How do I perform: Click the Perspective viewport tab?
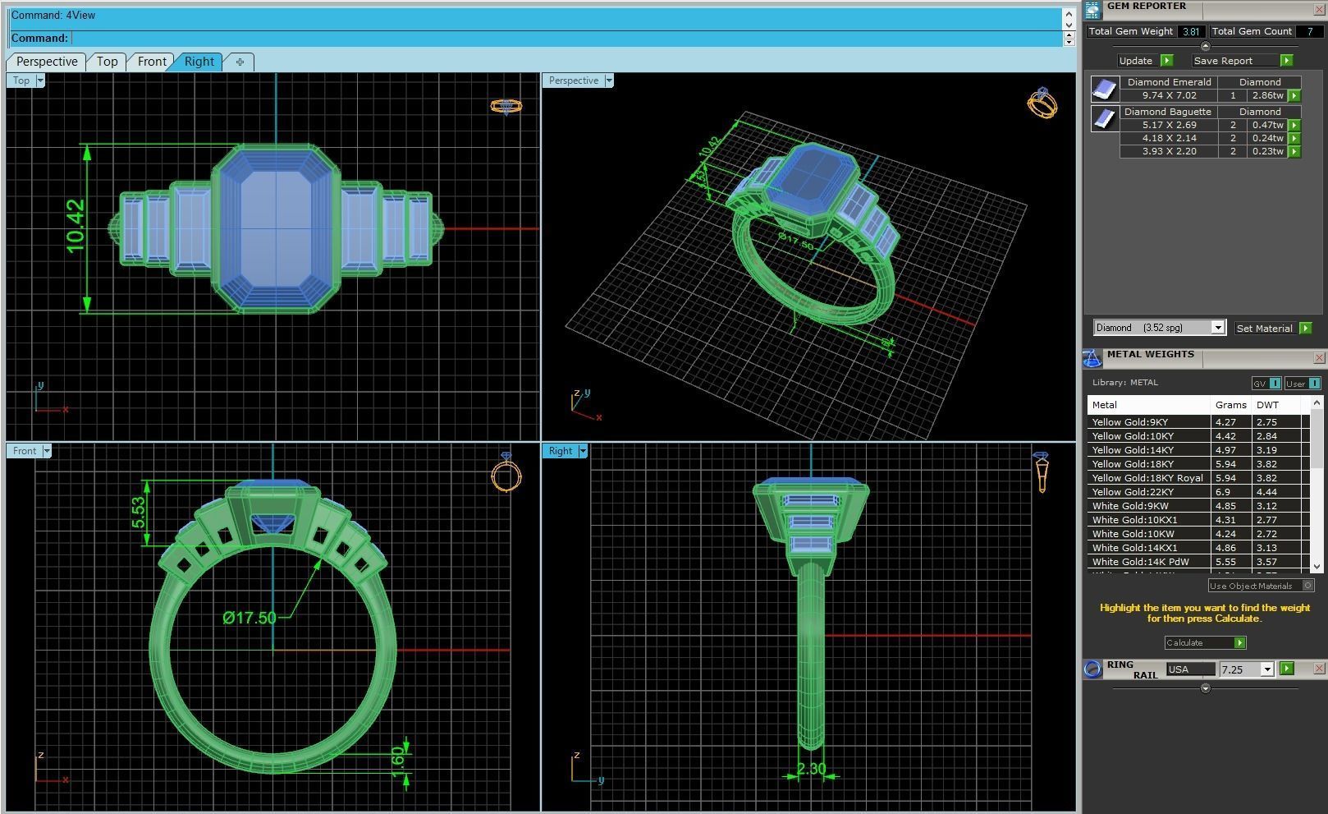[x=46, y=62]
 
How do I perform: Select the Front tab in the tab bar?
[x=152, y=62]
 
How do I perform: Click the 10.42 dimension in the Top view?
[x=76, y=226]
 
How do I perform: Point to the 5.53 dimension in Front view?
[x=138, y=513]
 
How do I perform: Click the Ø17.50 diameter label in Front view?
[x=250, y=618]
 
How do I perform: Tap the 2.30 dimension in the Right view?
[x=811, y=770]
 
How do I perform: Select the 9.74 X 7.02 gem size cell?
[x=1169, y=95]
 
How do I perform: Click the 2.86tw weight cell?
[x=1267, y=95]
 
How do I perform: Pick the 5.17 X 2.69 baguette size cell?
[x=1169, y=125]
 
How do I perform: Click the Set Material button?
[x=1264, y=329]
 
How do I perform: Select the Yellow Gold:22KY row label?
[x=1133, y=492]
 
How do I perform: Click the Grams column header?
[x=1230, y=405]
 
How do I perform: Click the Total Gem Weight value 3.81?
[x=1191, y=31]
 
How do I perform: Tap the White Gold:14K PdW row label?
[x=1140, y=562]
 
